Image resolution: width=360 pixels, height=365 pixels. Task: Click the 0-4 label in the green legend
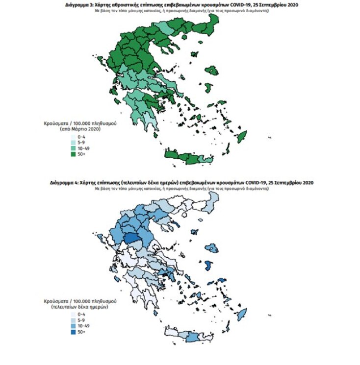click(81, 135)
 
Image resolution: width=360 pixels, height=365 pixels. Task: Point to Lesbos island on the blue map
click(211, 248)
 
